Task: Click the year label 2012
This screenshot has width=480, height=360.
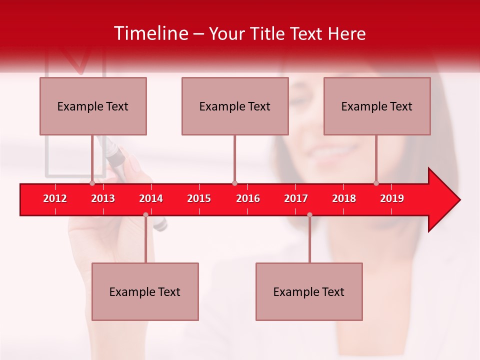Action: (55, 198)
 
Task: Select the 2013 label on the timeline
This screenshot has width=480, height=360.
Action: (103, 198)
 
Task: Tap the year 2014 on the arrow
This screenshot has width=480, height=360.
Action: (151, 198)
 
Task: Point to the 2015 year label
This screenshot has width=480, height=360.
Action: (199, 198)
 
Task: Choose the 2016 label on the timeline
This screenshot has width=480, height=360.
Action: (248, 198)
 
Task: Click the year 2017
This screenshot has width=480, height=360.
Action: (296, 198)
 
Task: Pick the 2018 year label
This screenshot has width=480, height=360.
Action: (344, 198)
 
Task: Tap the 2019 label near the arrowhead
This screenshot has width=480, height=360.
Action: (392, 198)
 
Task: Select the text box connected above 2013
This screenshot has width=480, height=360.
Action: (93, 106)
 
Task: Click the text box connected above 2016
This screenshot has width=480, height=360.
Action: (235, 106)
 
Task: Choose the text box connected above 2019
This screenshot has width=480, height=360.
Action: (377, 106)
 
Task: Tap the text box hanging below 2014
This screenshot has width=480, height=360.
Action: (145, 292)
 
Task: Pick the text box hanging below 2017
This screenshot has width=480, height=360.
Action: (309, 292)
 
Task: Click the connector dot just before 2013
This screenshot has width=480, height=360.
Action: (92, 183)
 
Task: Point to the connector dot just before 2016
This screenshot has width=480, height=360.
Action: (234, 183)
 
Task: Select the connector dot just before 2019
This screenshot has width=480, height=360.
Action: (376, 183)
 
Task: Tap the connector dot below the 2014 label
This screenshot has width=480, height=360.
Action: (145, 214)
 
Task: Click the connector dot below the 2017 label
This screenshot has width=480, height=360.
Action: (309, 214)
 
